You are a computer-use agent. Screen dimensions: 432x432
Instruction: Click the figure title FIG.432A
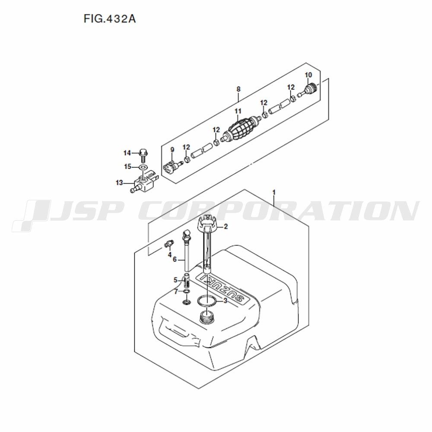click(110, 19)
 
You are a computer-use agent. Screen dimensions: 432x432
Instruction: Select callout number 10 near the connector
click(308, 75)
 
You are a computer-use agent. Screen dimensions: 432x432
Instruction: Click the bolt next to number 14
click(143, 156)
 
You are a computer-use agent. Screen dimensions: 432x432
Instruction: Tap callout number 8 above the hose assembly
click(238, 89)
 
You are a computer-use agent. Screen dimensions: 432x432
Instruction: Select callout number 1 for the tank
click(274, 192)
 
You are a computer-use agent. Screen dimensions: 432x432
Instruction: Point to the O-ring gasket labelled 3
click(207, 301)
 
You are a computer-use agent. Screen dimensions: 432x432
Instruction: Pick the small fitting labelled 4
click(168, 243)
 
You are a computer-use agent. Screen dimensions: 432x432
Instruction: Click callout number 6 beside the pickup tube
click(175, 260)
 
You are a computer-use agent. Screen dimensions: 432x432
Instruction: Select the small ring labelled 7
click(187, 292)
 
